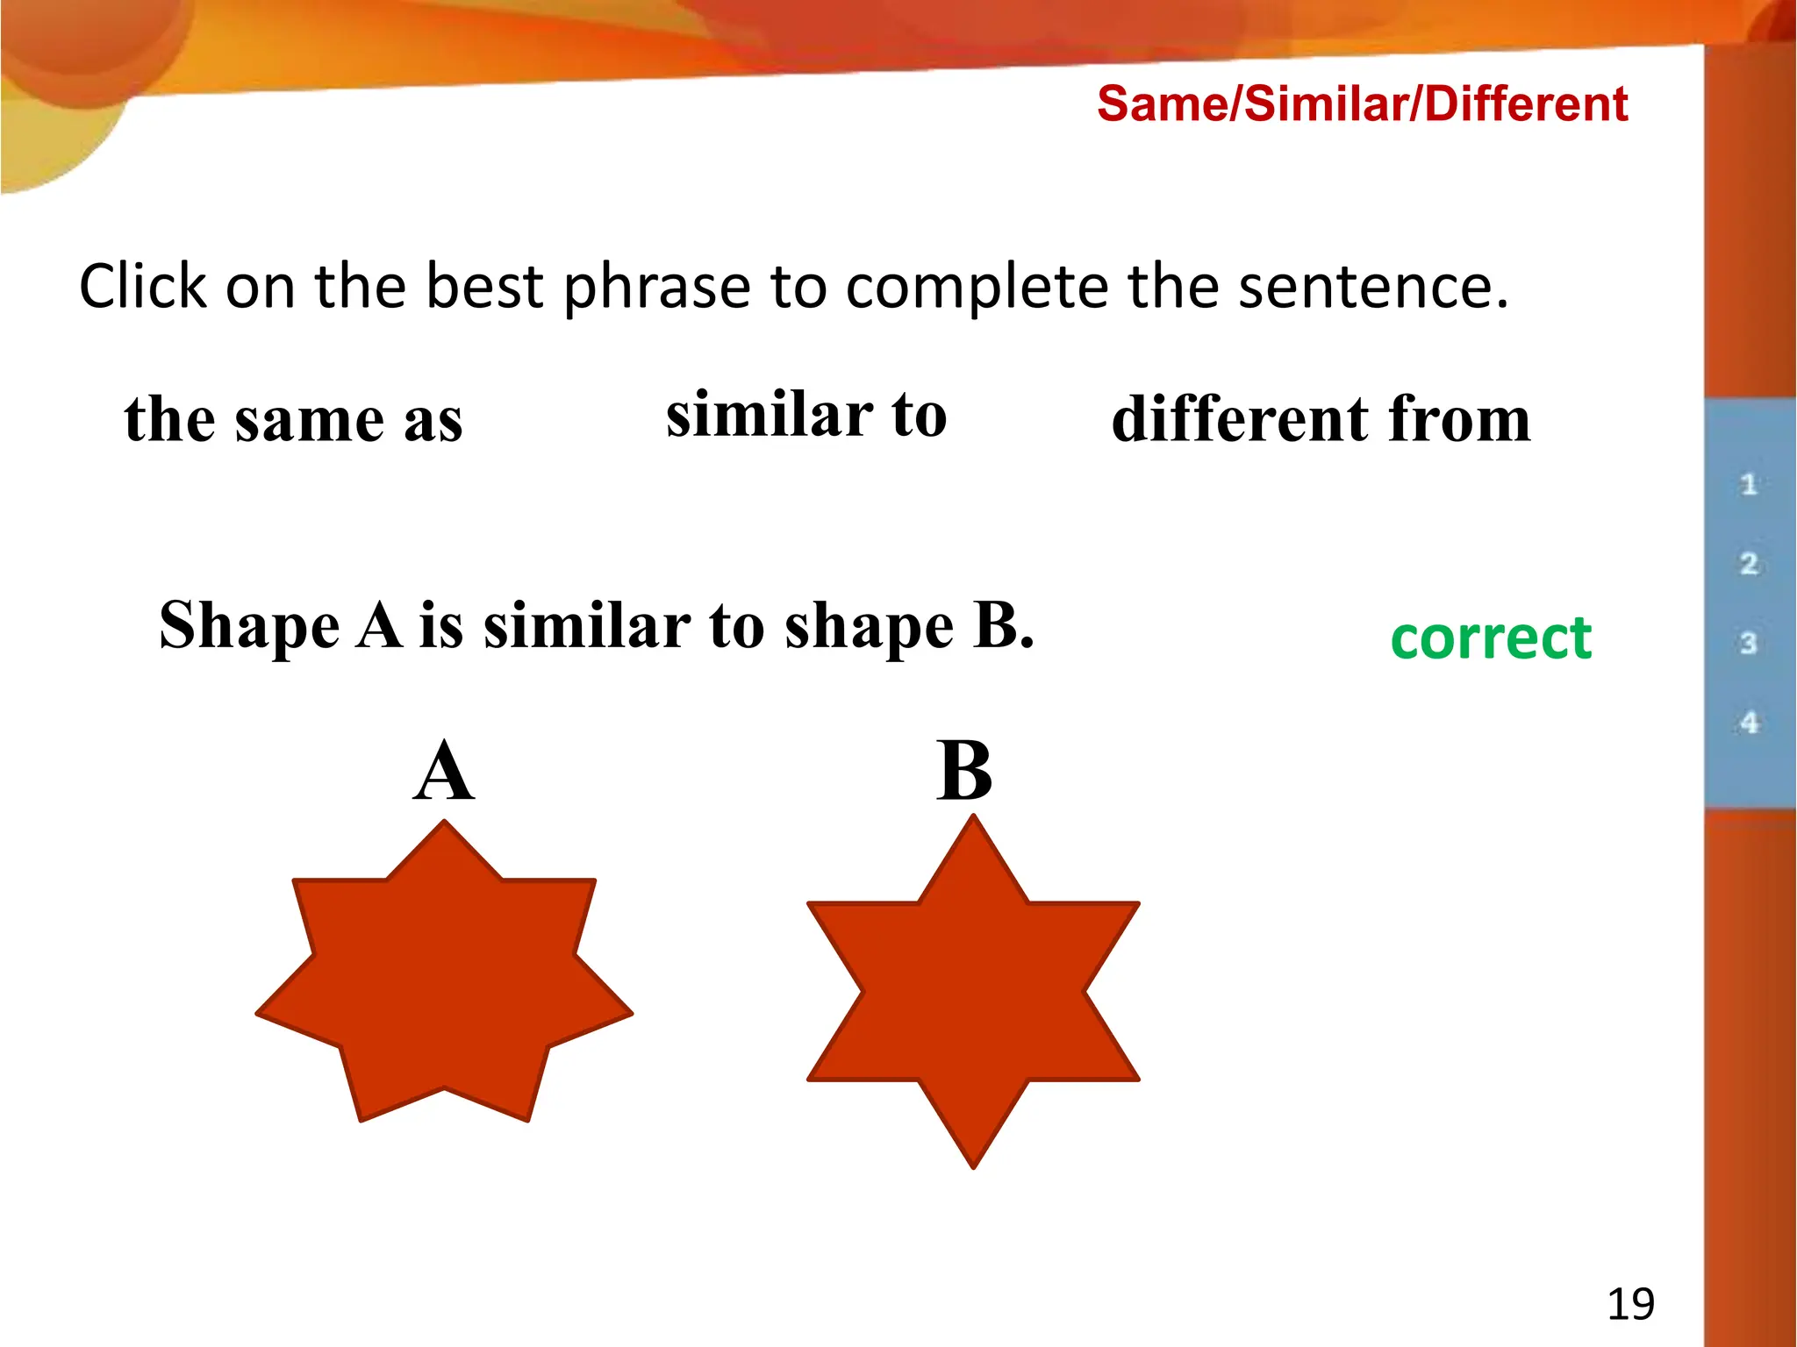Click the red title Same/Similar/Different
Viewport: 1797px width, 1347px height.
click(1362, 104)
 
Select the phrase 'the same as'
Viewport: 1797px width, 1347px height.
click(293, 419)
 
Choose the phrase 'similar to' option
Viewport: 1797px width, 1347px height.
click(806, 415)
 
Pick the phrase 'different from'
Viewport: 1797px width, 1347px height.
click(1321, 419)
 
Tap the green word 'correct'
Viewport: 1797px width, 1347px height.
click(1491, 638)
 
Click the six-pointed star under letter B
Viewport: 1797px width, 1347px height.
click(973, 991)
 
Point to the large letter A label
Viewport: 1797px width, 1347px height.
click(444, 772)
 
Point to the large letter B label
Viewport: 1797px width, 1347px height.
click(964, 772)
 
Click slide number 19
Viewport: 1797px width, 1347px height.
click(1630, 1304)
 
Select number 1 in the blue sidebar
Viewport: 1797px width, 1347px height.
click(1749, 484)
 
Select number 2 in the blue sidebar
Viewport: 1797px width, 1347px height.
click(1749, 564)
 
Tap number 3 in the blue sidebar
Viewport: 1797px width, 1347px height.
click(1749, 644)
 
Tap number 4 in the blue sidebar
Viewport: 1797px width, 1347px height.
click(1749, 723)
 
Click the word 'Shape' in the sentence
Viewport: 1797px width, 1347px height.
click(249, 626)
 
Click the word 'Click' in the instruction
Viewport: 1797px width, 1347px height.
click(143, 287)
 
